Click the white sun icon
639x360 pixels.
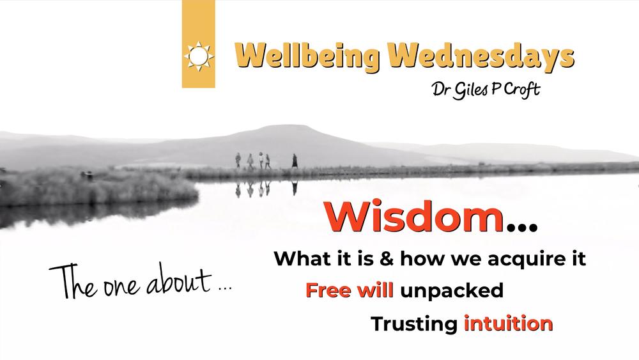(x=199, y=56)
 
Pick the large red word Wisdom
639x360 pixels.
(x=413, y=217)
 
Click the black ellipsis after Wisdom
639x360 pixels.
(x=521, y=227)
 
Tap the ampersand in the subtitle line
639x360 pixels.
(x=387, y=259)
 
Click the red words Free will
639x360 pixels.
(x=350, y=290)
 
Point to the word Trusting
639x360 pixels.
(x=414, y=325)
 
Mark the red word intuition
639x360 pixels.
(x=508, y=324)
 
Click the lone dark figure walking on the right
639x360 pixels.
(x=294, y=160)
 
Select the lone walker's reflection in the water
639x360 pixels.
(x=294, y=188)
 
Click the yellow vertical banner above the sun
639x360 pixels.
(x=199, y=20)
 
